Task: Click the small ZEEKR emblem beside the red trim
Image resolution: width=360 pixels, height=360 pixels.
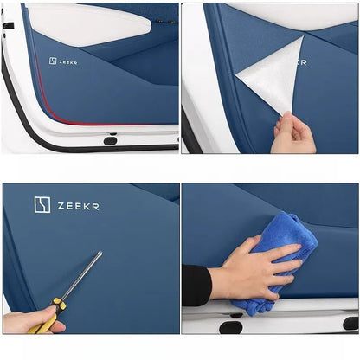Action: point(53,61)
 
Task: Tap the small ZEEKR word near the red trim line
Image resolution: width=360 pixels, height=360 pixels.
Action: point(68,62)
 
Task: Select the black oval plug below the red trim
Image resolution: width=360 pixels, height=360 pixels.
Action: point(110,141)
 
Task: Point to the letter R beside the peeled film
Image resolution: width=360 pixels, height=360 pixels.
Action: point(303,62)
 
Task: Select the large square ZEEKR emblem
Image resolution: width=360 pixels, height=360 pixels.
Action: point(42,205)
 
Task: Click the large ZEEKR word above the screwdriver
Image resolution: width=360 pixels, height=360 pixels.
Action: point(79,206)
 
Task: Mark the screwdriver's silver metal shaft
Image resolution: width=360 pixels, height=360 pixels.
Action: point(81,276)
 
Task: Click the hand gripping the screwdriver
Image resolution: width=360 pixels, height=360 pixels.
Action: point(32,320)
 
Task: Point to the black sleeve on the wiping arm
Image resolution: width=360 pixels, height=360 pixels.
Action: point(196,286)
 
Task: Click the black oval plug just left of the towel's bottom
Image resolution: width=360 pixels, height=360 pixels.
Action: point(231,327)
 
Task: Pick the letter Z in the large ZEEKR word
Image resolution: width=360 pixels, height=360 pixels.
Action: point(61,206)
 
